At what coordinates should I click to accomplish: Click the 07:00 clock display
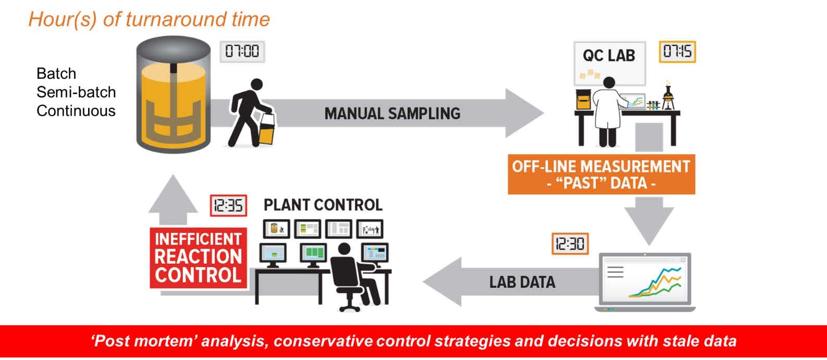coord(242,52)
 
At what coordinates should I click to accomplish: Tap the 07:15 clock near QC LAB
coord(677,52)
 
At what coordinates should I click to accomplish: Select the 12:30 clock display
coord(570,243)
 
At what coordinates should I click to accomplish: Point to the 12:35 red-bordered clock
coord(228,206)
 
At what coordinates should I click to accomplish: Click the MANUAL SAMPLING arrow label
coord(392,114)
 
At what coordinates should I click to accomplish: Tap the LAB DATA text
coord(522,282)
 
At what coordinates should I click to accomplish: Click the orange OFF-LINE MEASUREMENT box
coord(601,175)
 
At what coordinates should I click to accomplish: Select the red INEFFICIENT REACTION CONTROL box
coord(198,257)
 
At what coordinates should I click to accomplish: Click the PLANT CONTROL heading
coord(323,205)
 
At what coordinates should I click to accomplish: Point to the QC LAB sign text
coord(609,55)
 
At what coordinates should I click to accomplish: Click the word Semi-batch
coord(76,92)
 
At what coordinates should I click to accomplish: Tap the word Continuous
coord(76,111)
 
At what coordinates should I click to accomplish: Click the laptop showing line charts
coord(645,281)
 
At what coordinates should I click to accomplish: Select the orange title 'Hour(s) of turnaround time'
coord(149,19)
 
